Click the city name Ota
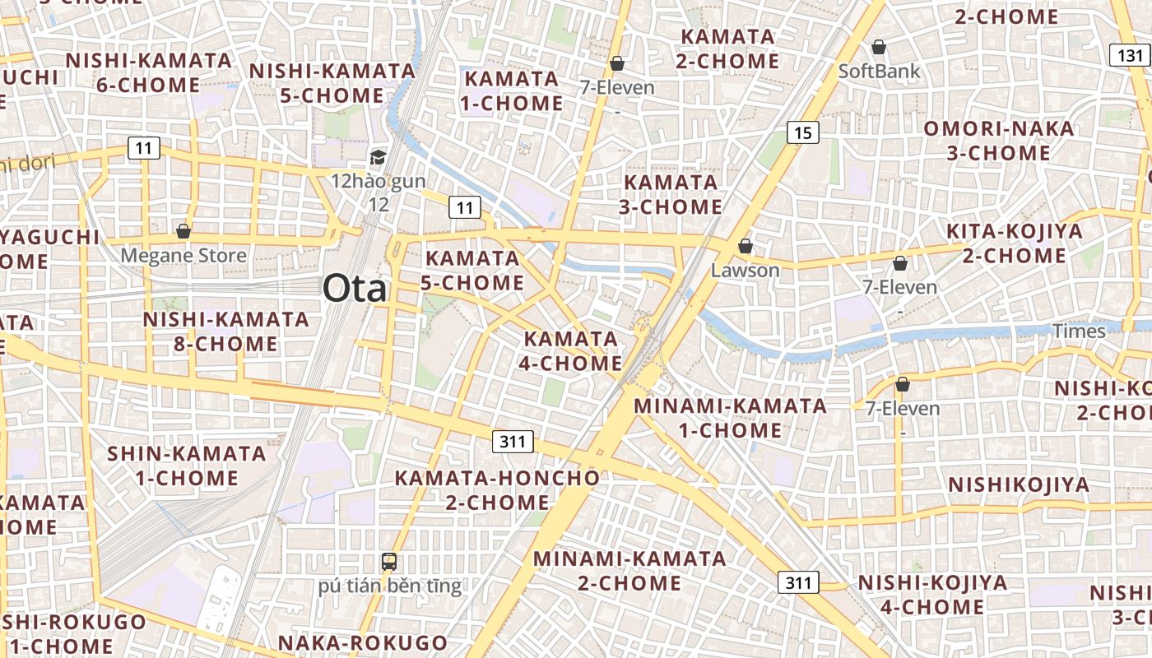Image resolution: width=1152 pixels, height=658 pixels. point(354,289)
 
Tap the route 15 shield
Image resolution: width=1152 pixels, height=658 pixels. point(802,132)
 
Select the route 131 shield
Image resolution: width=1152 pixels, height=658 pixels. point(1131,55)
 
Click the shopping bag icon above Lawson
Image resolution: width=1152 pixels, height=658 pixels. point(745,245)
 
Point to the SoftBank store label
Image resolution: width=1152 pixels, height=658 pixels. point(879,71)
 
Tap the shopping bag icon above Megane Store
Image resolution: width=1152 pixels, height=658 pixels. point(183,231)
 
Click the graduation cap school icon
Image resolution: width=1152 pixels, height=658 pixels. point(378,157)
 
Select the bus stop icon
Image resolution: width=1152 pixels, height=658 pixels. point(389,562)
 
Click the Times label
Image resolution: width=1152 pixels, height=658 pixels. point(1080,331)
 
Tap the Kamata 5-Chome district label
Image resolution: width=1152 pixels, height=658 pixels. point(472,270)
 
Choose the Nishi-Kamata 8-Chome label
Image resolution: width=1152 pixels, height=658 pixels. point(225,331)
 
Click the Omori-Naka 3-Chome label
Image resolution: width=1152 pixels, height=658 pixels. point(998,141)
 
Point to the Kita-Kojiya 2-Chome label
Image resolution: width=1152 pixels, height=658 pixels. point(1014,243)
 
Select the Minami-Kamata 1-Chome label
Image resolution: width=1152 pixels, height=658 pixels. point(730,417)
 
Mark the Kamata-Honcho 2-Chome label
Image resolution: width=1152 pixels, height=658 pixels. point(497,489)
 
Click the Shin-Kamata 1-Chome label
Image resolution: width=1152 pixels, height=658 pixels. point(187,465)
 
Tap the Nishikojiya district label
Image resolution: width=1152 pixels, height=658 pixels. point(1019,484)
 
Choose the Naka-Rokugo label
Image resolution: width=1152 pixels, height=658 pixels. point(362,642)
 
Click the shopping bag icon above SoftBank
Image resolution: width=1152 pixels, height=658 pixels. point(879,46)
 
